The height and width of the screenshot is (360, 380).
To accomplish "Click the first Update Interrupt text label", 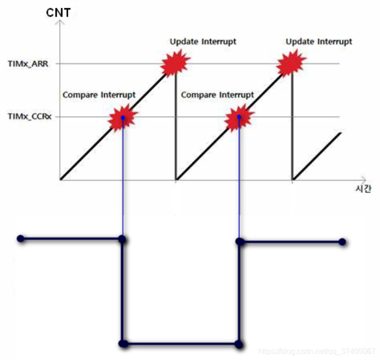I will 203,41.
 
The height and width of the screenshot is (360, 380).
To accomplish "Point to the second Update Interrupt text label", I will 319,42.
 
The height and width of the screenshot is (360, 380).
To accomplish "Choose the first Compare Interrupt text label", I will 99,95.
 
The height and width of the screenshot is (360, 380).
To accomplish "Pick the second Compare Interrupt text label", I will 217,95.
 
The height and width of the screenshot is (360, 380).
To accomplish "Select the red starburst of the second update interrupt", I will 292,63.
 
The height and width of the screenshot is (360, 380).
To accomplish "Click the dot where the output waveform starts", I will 20,238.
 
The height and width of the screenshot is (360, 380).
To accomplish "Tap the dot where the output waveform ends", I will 342,242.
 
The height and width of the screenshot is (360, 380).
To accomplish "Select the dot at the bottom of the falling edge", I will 123,344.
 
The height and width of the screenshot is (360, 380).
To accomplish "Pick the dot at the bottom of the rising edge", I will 239,344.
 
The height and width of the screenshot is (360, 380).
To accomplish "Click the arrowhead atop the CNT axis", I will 59,23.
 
